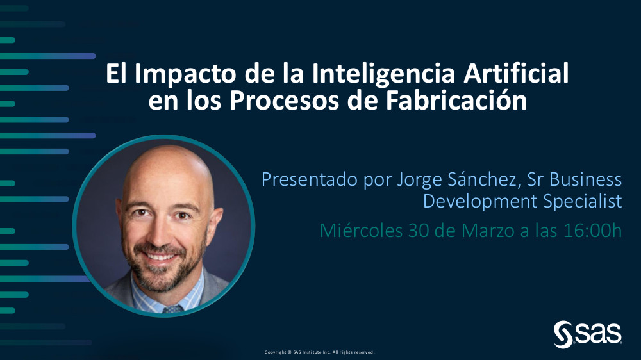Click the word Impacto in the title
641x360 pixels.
186,74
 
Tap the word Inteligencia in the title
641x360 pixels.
383,74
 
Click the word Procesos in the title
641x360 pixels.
284,101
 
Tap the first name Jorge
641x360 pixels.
419,180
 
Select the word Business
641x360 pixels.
585,179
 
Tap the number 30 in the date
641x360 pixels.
418,231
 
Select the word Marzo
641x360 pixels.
488,231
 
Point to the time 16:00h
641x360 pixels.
593,231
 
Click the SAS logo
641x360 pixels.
587,334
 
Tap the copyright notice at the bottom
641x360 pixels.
319,352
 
